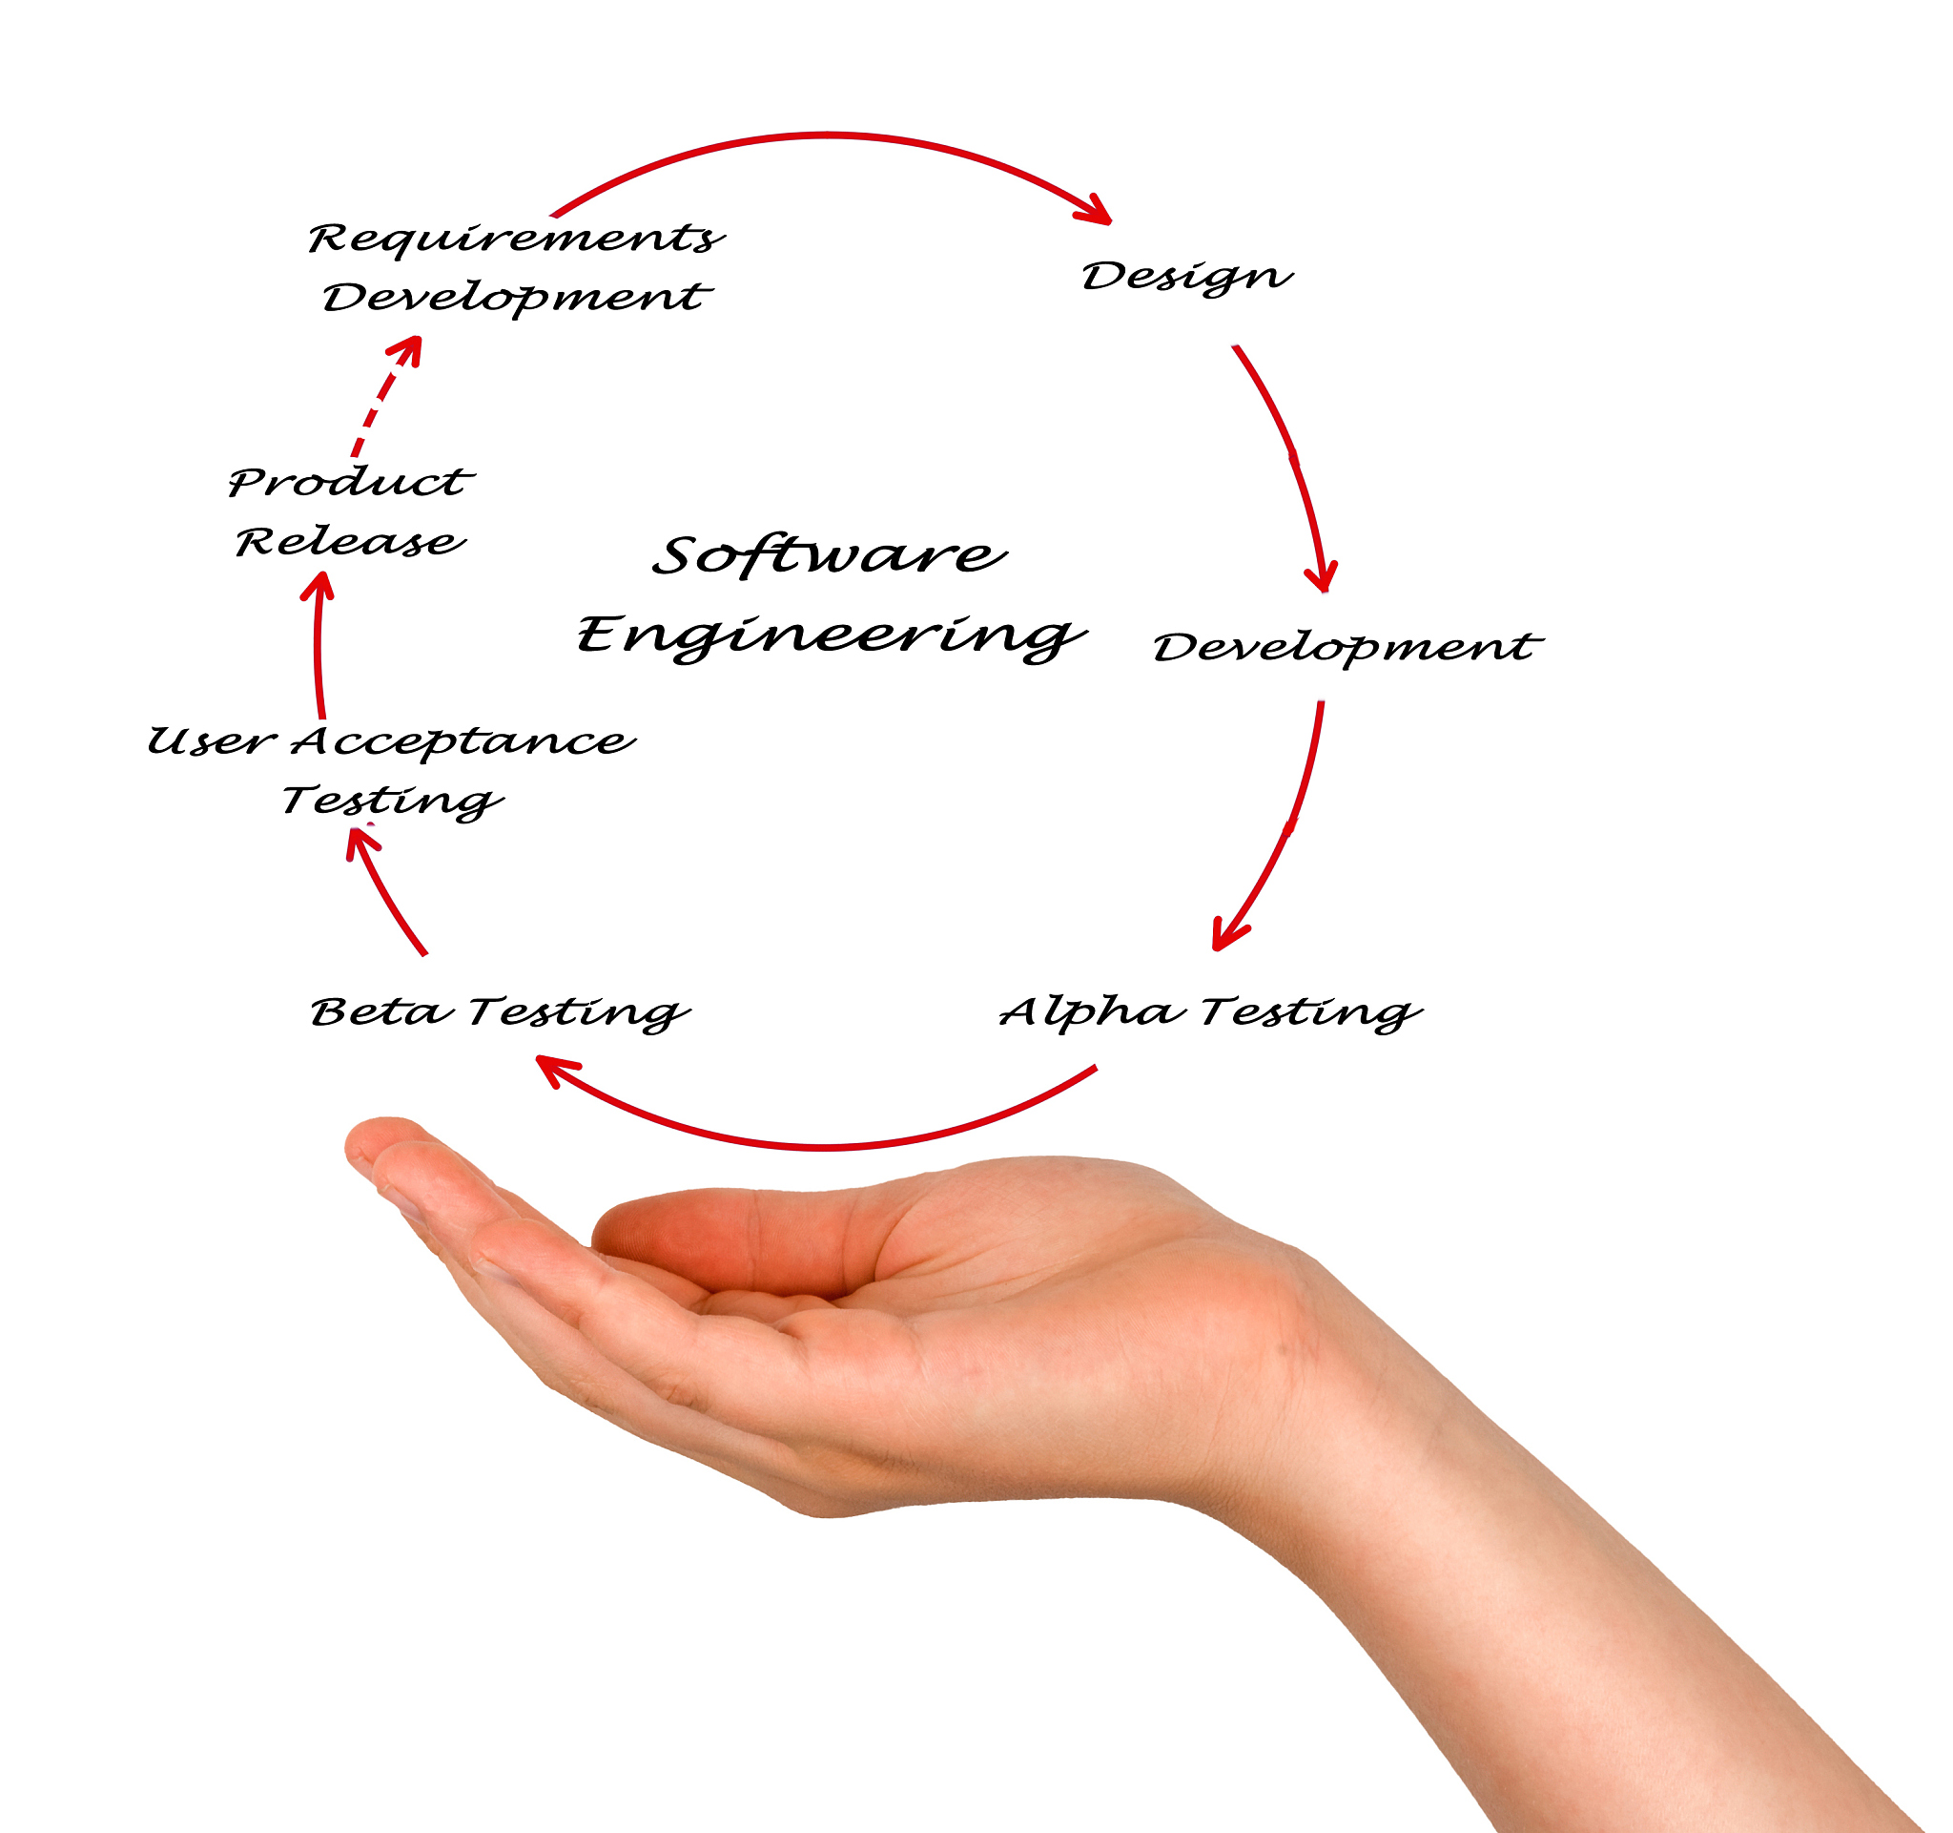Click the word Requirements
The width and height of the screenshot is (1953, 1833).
coord(515,239)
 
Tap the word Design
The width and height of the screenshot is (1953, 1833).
coord(1185,276)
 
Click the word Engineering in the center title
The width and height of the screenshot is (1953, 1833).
coord(831,634)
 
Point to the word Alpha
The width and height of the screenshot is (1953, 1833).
coord(1091,1011)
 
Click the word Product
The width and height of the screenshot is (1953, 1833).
coord(350,482)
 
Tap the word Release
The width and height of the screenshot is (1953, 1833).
coord(350,542)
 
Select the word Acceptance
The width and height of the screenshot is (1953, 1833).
coord(463,741)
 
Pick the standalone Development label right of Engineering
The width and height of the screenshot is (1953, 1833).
coord(1347,647)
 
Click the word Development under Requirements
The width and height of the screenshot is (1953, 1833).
coord(515,297)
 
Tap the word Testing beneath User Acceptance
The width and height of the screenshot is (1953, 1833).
coord(391,801)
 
